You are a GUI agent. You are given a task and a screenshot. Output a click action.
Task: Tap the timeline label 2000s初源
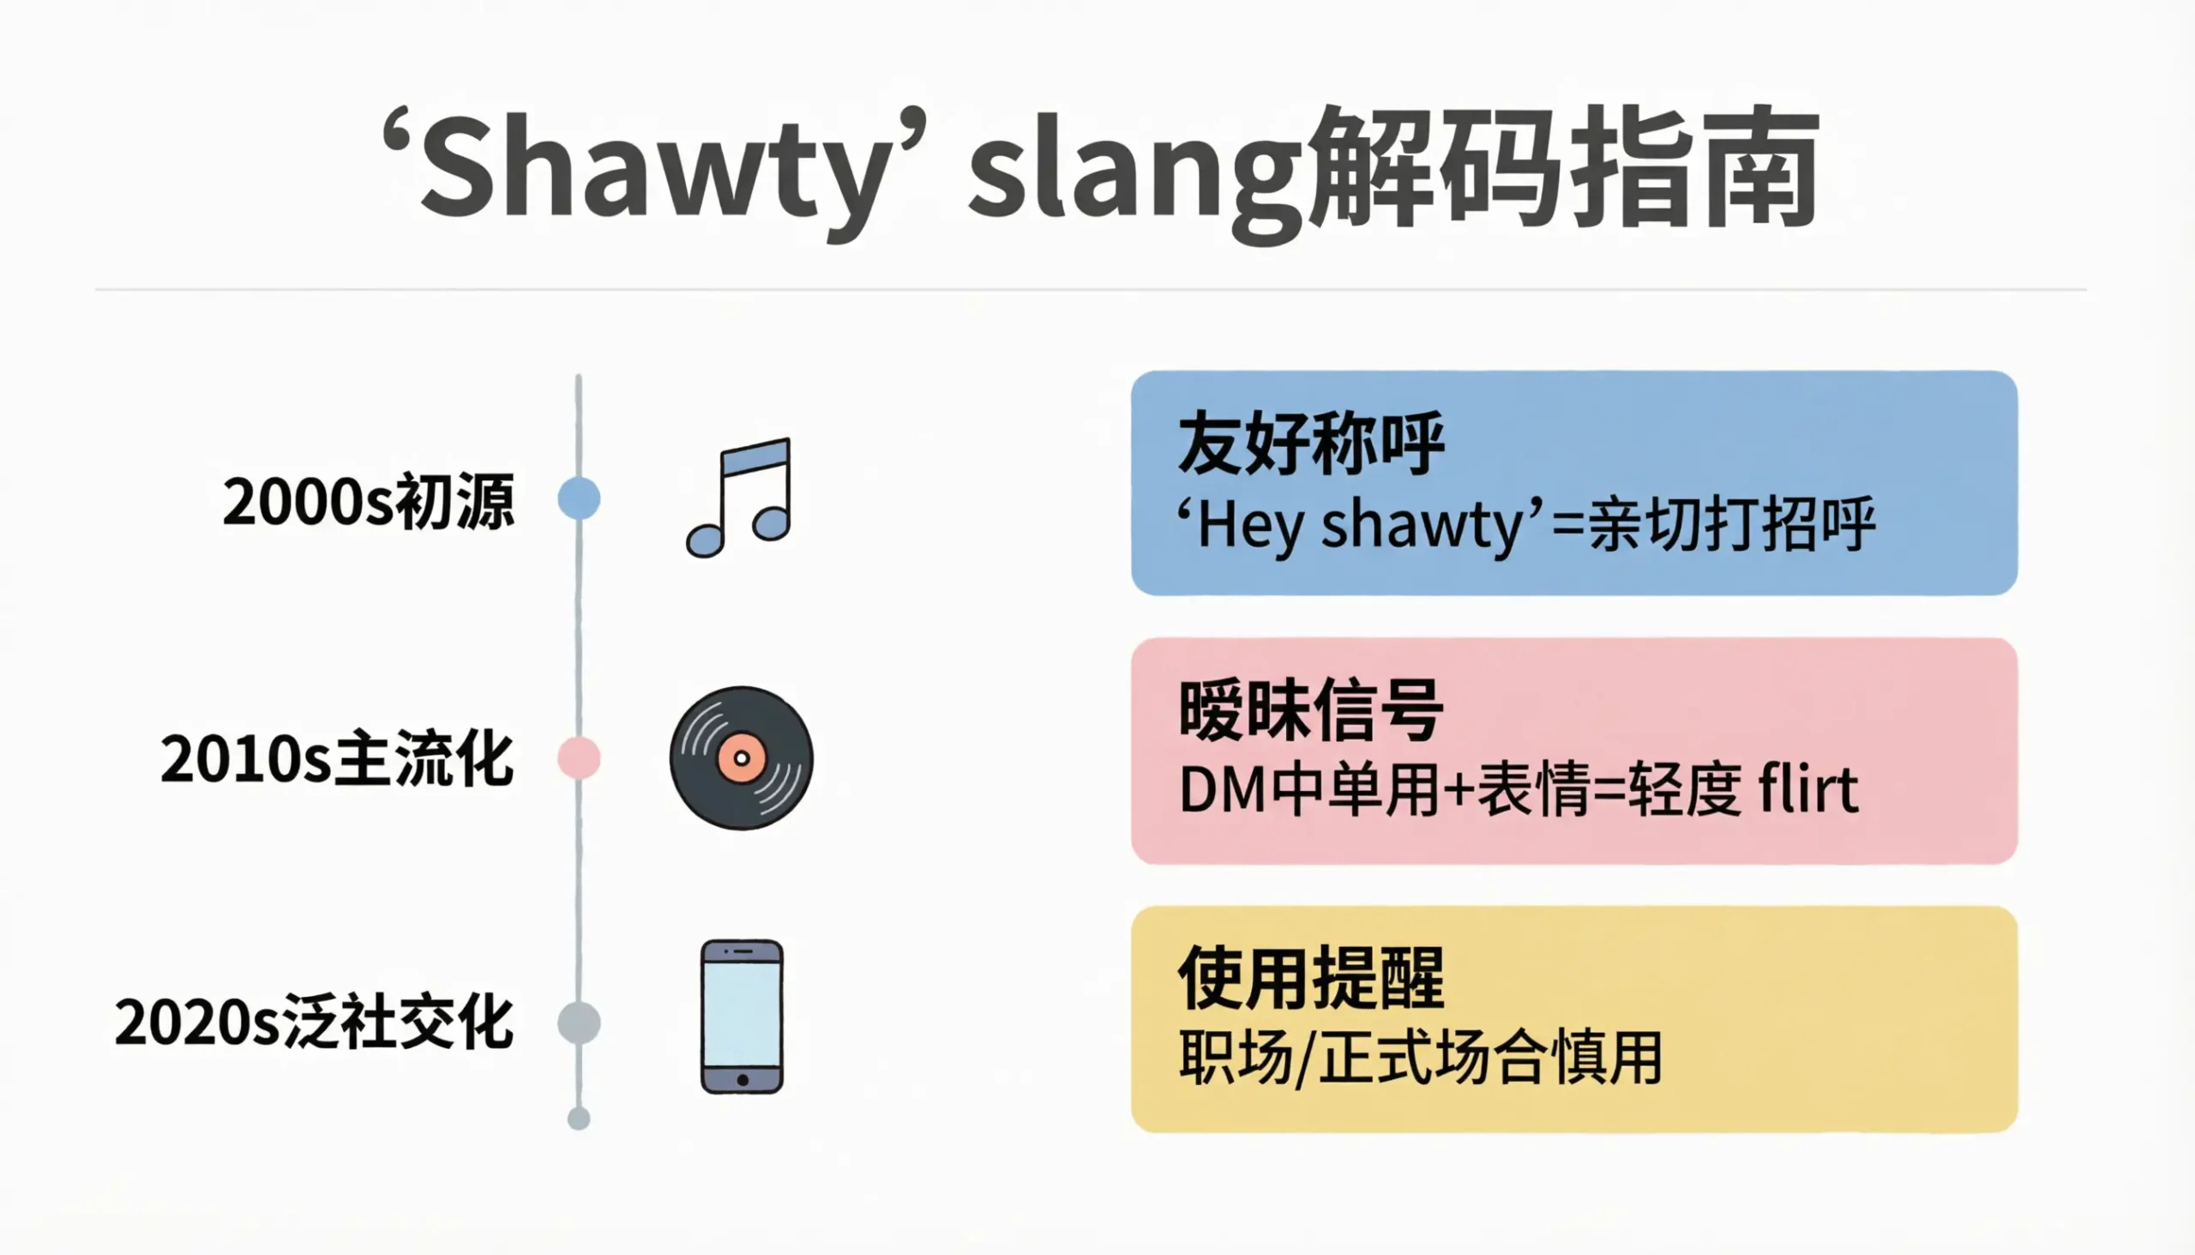click(369, 501)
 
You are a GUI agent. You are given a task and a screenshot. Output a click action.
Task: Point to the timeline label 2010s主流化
click(337, 759)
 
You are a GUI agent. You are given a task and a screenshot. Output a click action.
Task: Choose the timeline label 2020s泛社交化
click(315, 1023)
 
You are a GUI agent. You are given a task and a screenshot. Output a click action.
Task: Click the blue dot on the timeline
click(579, 498)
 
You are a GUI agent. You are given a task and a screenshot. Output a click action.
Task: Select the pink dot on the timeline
click(579, 757)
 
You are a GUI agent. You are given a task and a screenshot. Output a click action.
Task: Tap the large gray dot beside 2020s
click(579, 1023)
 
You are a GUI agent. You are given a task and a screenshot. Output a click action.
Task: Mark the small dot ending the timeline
click(579, 1119)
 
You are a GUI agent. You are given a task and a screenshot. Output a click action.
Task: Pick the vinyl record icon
click(741, 758)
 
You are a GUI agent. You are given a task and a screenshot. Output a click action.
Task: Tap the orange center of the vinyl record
click(742, 758)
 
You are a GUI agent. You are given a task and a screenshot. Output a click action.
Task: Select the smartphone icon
click(742, 1017)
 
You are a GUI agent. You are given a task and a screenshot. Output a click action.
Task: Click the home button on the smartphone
click(743, 1080)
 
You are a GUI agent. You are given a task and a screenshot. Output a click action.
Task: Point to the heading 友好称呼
click(1310, 443)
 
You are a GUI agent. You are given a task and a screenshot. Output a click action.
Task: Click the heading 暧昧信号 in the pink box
click(1310, 711)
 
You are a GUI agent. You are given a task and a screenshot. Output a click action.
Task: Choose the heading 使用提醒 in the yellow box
click(1310, 978)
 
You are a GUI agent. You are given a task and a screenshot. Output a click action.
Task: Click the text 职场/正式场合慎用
click(1420, 1058)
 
